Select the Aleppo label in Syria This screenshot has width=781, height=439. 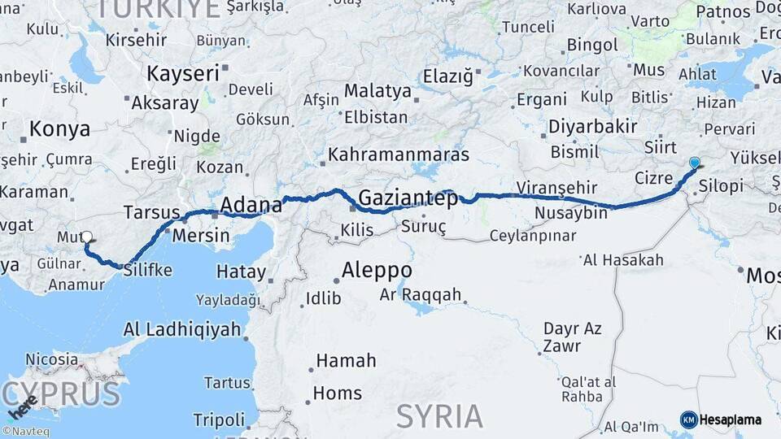pos(377,270)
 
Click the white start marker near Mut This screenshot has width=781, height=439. pos(86,237)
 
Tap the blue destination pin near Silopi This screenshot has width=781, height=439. pos(694,163)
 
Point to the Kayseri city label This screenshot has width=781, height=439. pos(183,73)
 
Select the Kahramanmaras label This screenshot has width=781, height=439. pos(399,154)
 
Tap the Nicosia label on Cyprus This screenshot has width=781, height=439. pos(52,359)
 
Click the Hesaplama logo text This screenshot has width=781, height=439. pos(731,419)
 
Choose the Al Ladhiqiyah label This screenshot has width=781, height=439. pos(182,329)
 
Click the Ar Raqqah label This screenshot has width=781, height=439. pos(421,294)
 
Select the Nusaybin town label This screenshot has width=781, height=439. pos(571,213)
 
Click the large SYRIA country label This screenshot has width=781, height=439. pos(439,415)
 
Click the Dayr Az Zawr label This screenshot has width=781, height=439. pos(573,337)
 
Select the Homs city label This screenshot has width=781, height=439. pos(338,393)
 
